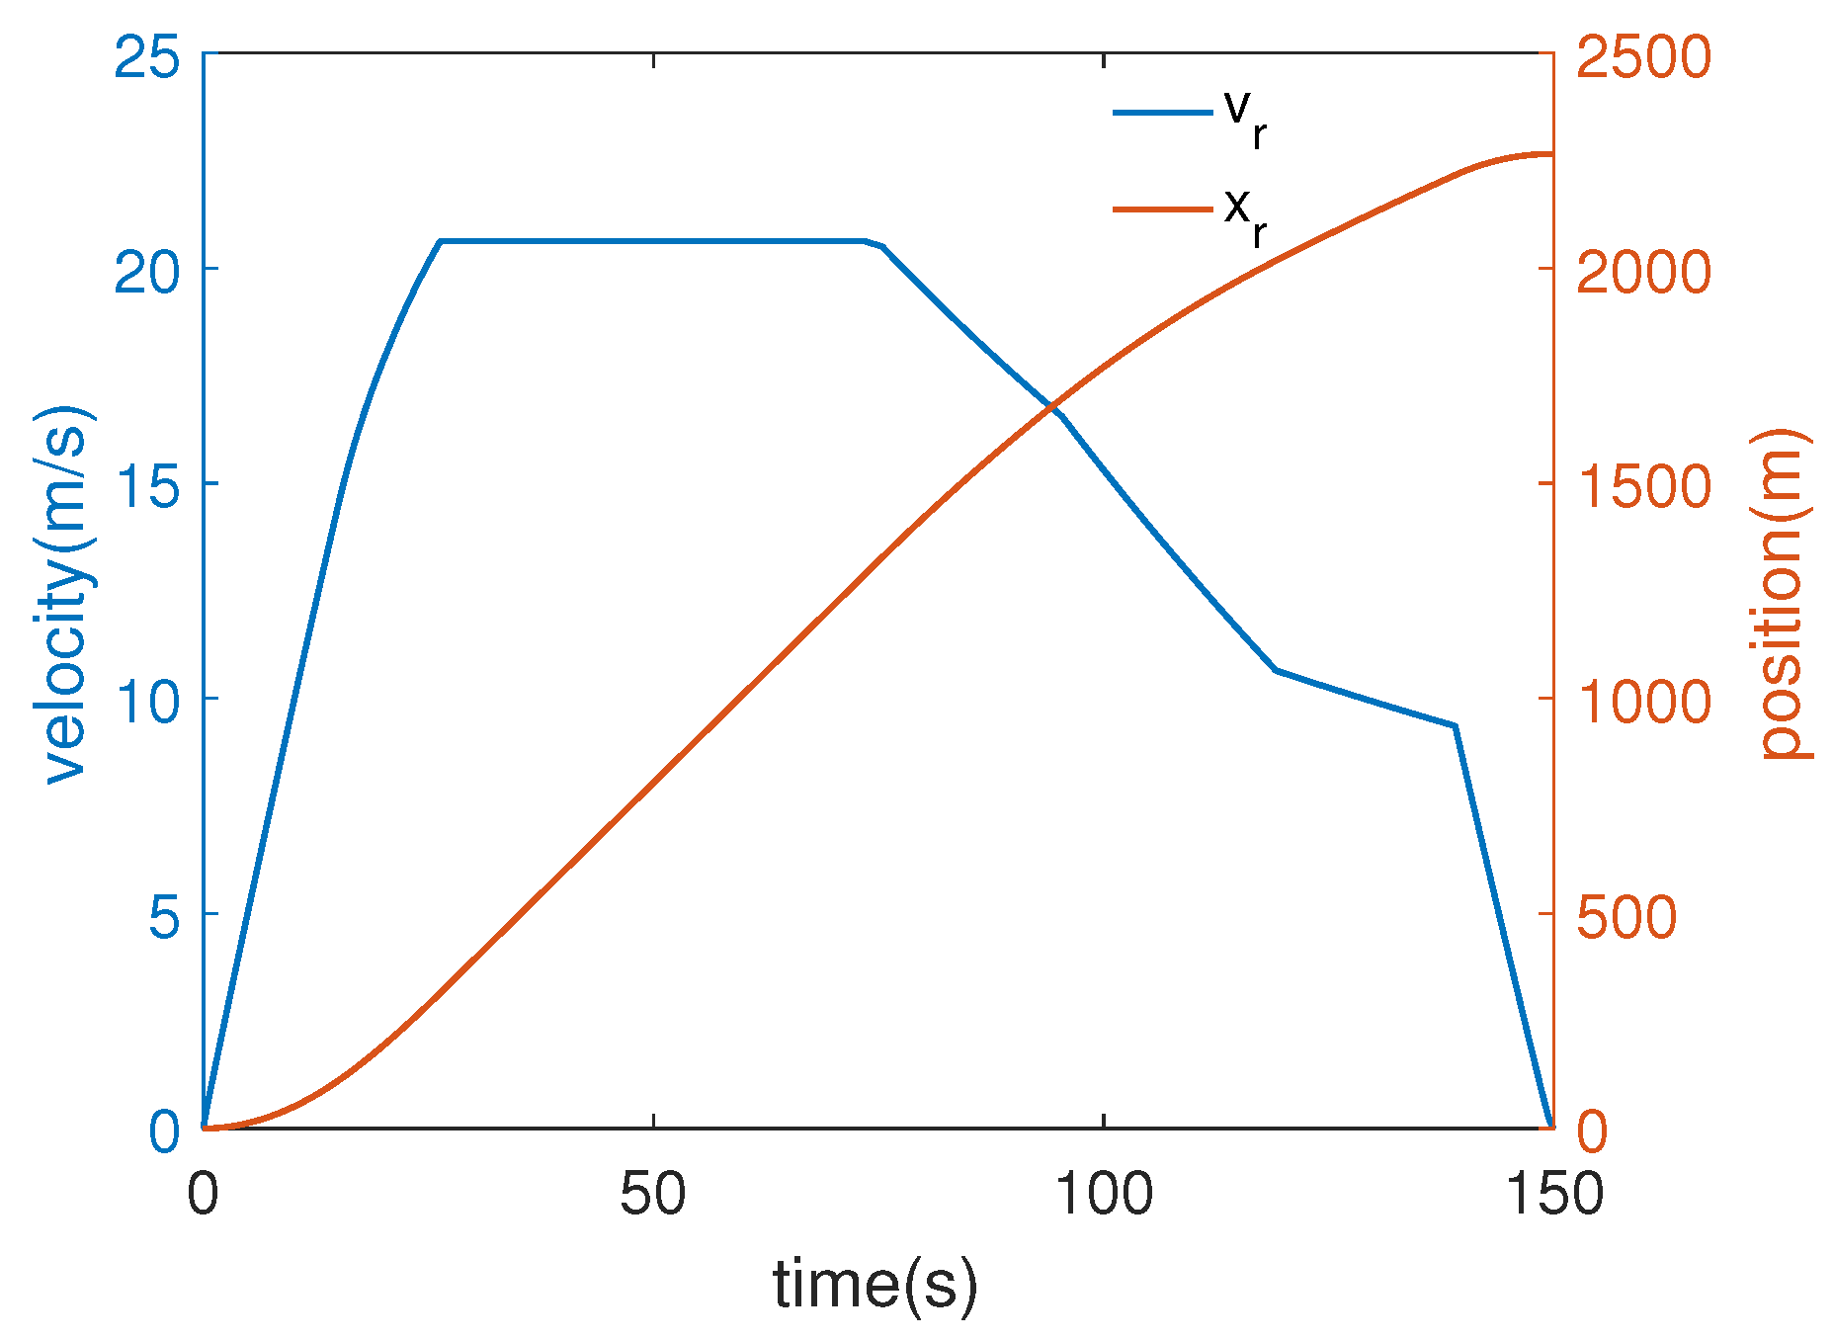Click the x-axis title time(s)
point(875,1286)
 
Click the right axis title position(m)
point(1786,593)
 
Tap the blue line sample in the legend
point(1163,113)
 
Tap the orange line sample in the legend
point(1163,209)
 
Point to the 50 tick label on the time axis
point(652,1194)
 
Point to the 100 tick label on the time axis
point(1103,1194)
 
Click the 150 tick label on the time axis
point(1552,1194)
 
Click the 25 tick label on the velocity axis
point(146,57)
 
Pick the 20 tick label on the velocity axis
point(146,272)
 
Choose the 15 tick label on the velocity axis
point(146,486)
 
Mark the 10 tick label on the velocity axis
point(146,701)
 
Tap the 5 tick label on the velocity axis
point(164,916)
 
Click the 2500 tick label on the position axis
point(1643,57)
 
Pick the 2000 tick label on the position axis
point(1643,272)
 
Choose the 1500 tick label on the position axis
point(1643,486)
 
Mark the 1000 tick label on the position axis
point(1643,701)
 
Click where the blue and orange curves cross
point(1053,406)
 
